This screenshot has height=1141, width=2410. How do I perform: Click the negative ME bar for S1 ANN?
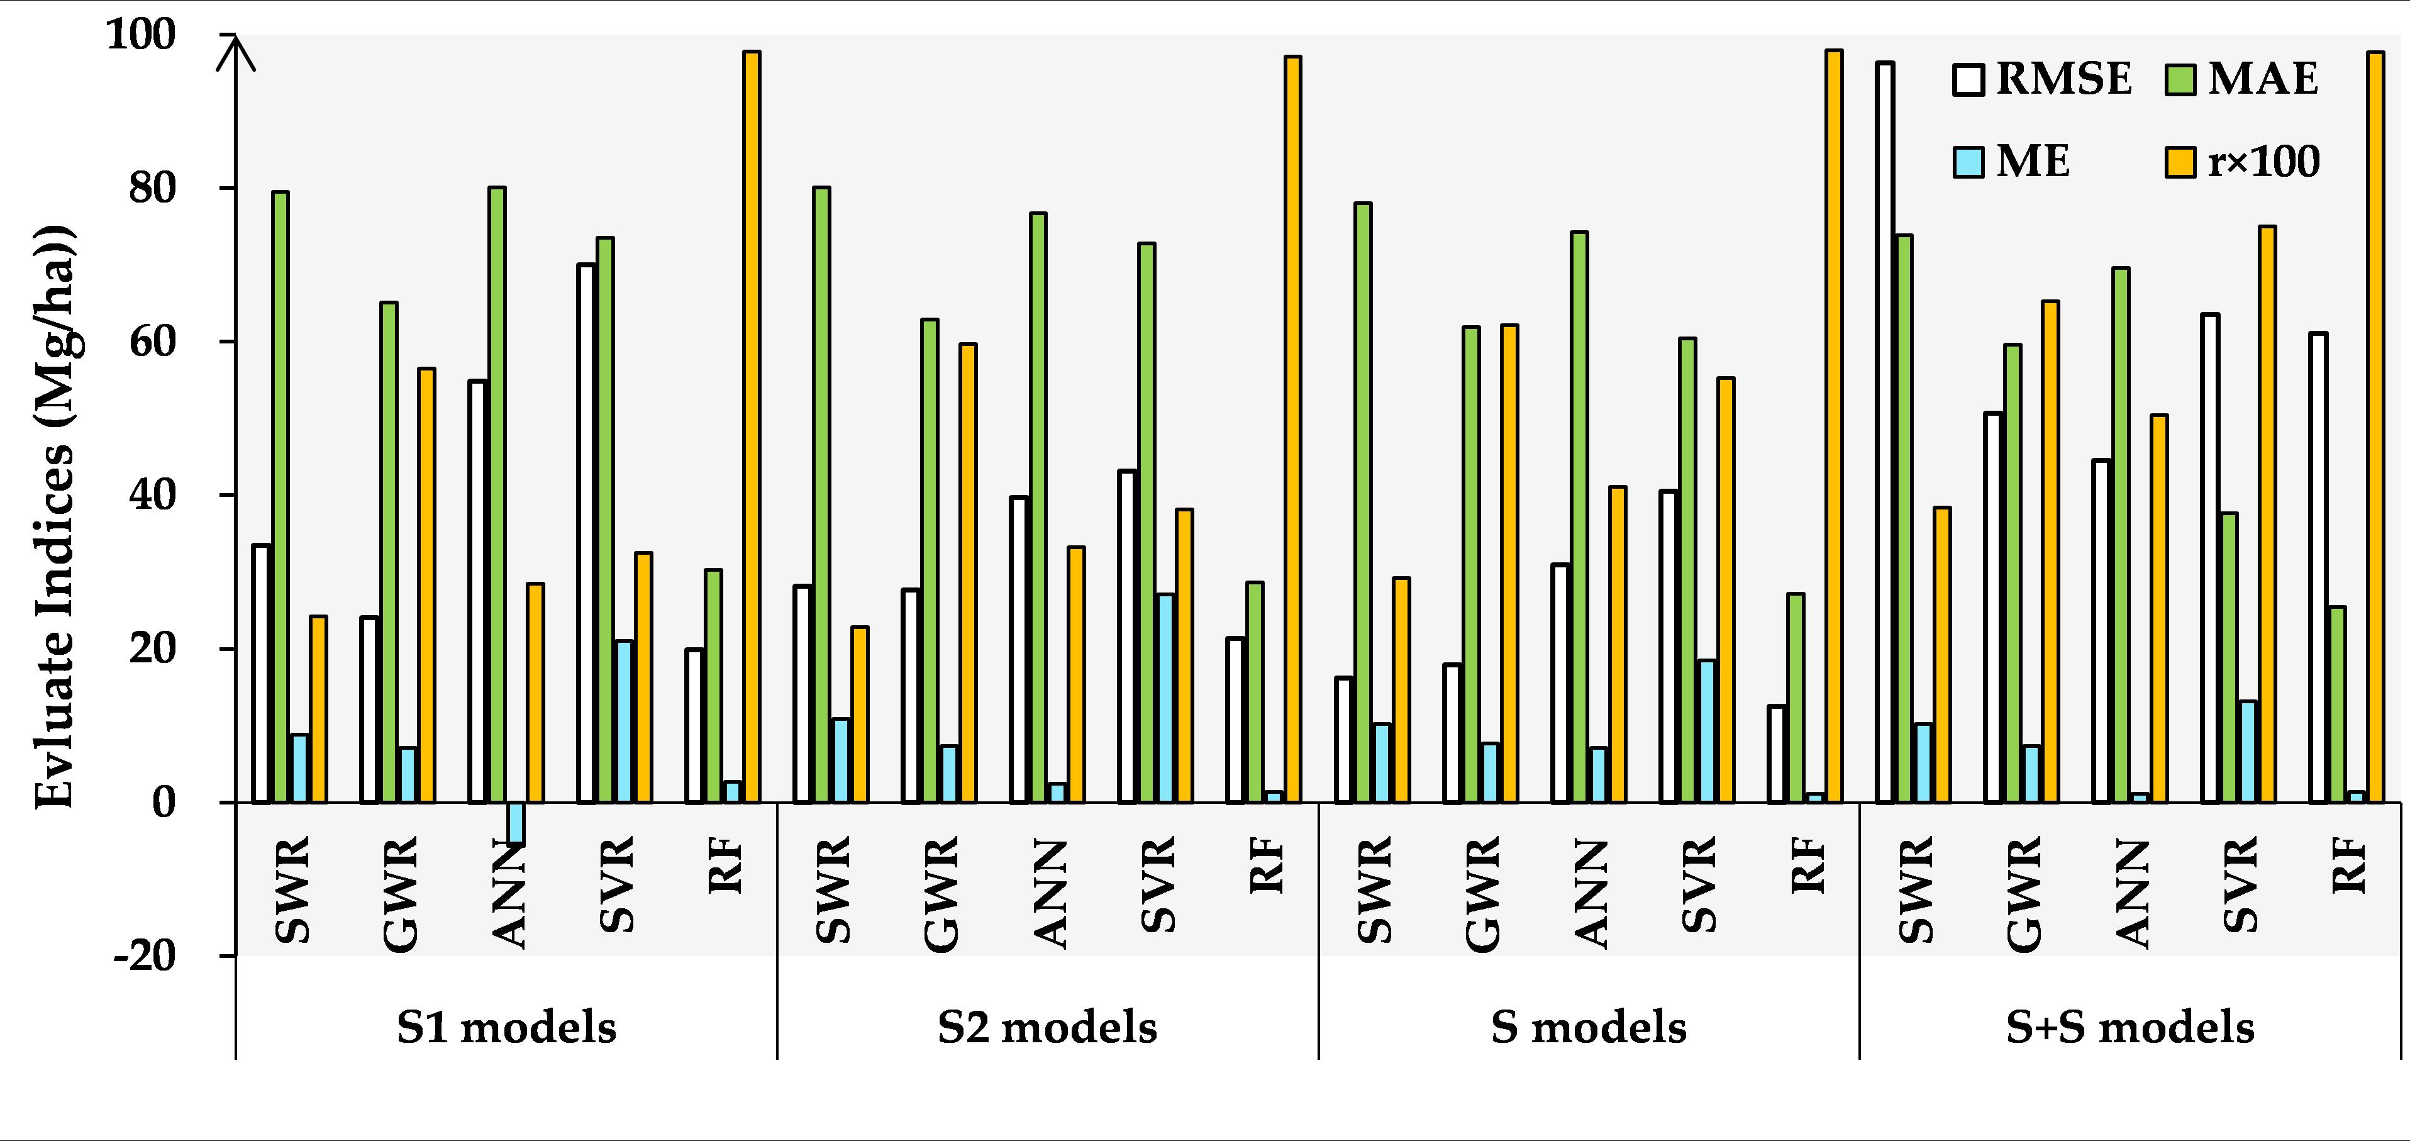coord(516,823)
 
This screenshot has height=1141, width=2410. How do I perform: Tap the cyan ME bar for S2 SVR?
coord(1166,698)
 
